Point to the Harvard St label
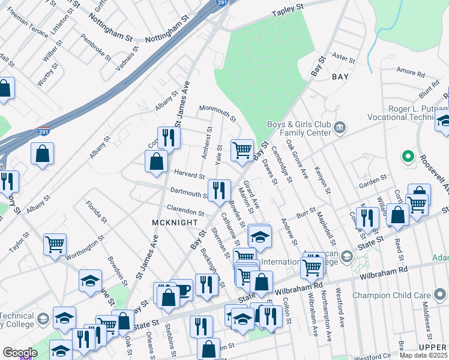pos(190,174)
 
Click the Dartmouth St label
pos(189,193)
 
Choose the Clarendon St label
pos(185,212)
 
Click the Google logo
pos(19,352)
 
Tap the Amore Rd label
pos(411,71)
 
